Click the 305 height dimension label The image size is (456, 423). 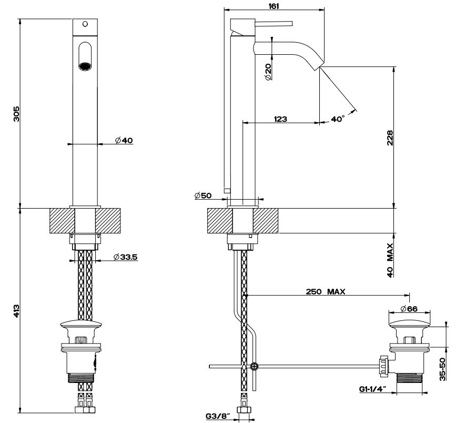click(16, 113)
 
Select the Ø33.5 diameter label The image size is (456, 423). click(125, 258)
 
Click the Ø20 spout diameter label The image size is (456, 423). click(268, 72)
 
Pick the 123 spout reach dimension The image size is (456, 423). click(280, 120)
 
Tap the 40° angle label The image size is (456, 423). click(338, 120)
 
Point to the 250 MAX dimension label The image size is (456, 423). click(325, 291)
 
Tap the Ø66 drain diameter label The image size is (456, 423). click(409, 308)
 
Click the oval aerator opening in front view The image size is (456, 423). click(84, 56)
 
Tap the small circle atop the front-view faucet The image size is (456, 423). click(85, 24)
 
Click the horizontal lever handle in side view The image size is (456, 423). click(273, 23)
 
